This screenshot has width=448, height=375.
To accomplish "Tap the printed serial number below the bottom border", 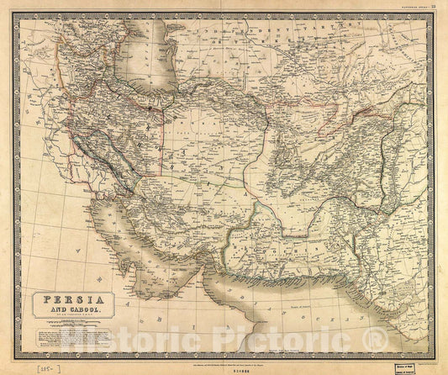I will click(x=220, y=359).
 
